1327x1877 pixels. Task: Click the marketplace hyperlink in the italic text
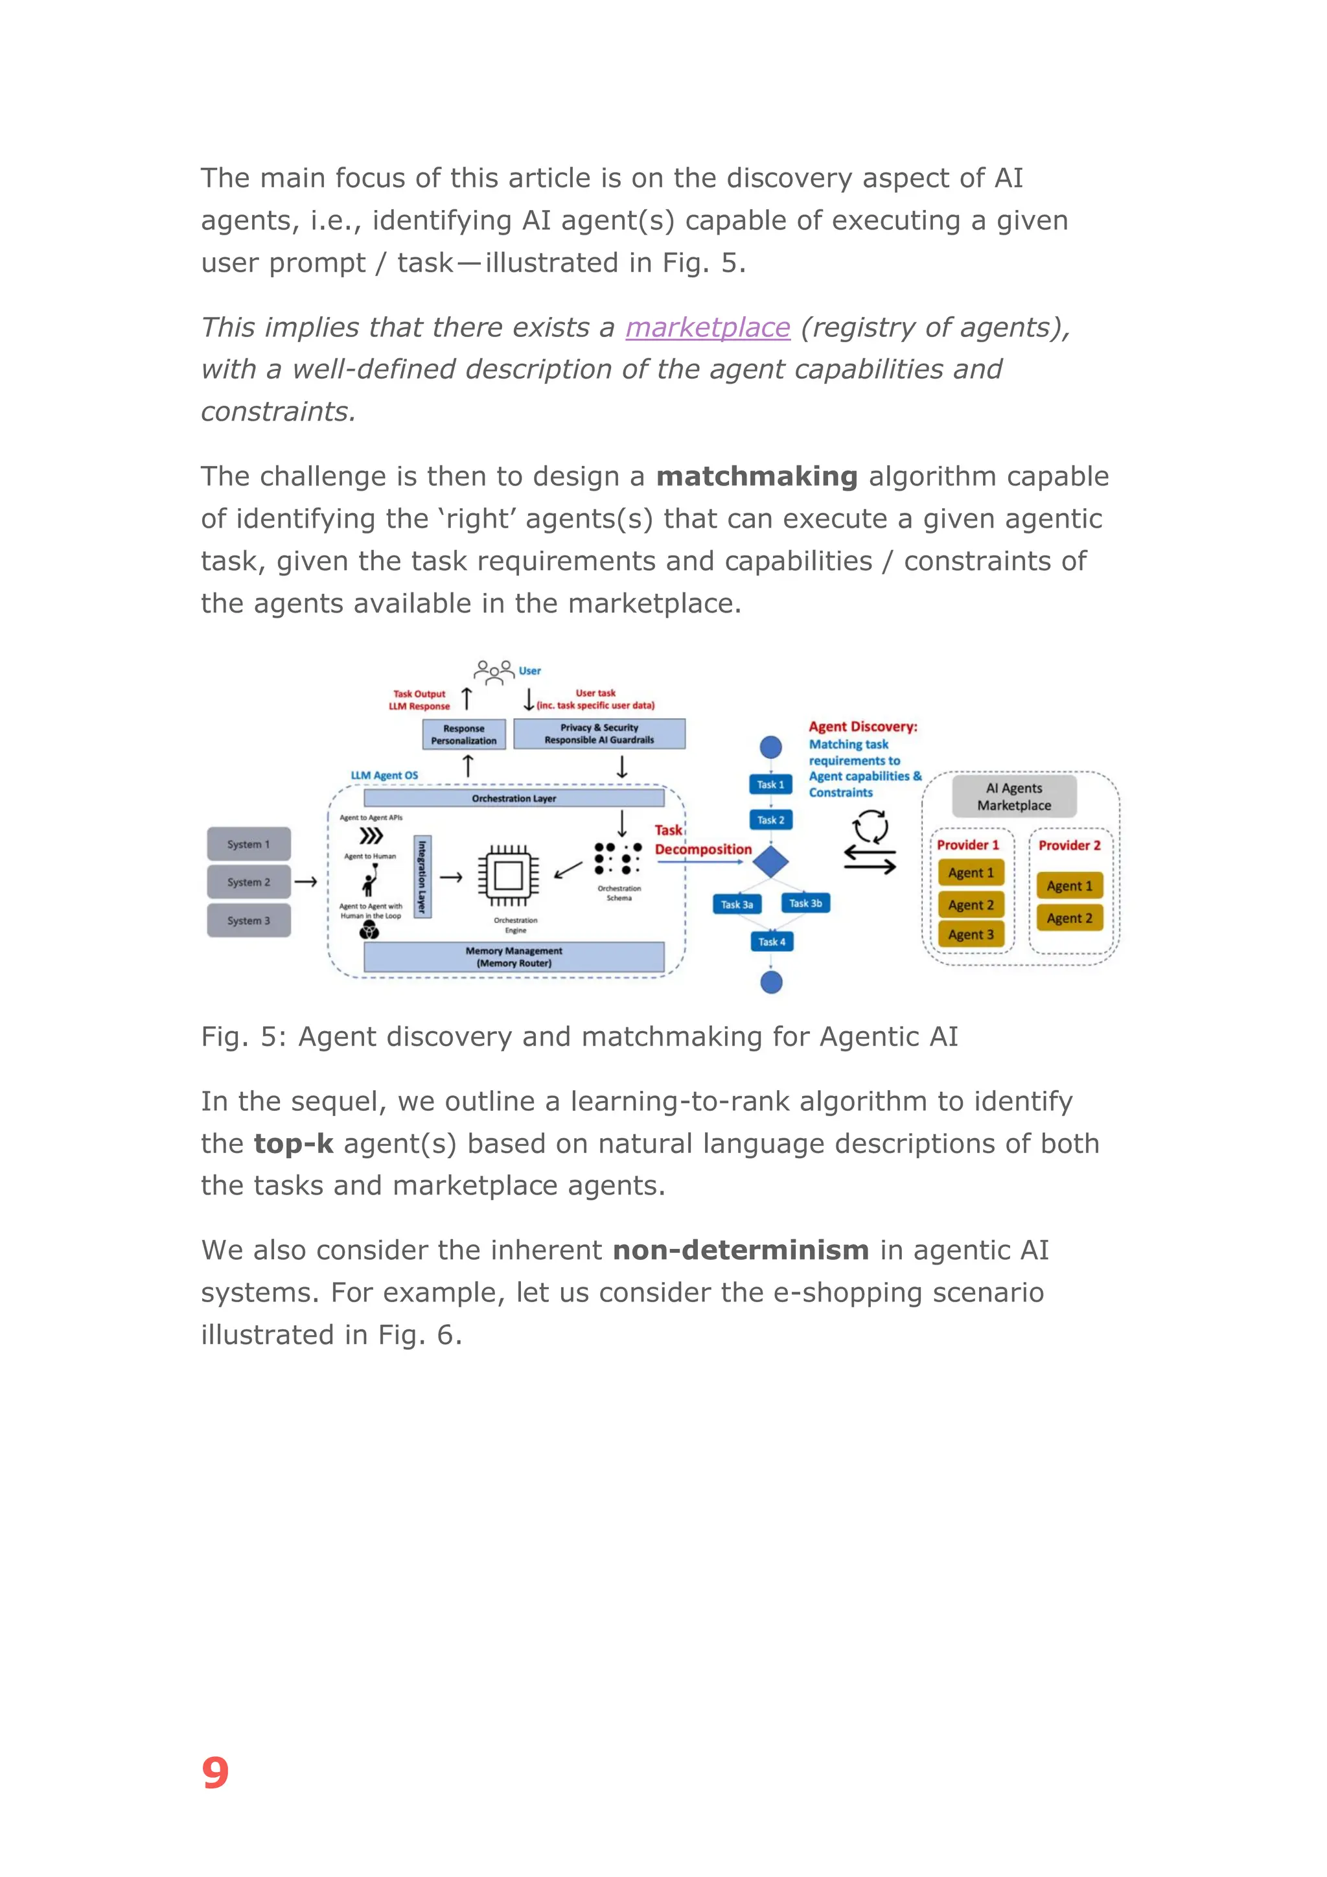pos(708,328)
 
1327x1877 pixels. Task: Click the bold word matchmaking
pos(757,476)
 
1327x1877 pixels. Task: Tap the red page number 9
pos(215,1773)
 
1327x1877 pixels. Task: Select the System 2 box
pos(248,882)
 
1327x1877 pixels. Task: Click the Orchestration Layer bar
pos(513,798)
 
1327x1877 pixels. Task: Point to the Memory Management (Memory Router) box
pos(513,957)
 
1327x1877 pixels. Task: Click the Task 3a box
pos(736,904)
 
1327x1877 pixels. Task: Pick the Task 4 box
pos(771,942)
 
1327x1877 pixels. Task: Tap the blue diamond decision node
pos(770,861)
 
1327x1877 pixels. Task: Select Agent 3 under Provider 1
pos(971,935)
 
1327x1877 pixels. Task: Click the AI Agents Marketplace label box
pos(1014,797)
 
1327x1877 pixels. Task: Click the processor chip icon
pos(508,876)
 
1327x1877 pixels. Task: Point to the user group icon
pos(494,671)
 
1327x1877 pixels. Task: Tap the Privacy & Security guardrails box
pos(599,733)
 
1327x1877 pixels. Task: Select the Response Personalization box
pos(463,734)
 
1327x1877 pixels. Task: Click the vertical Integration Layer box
pos(422,876)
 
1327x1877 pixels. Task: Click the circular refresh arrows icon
pos(870,826)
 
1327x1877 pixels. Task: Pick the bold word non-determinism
pos(741,1250)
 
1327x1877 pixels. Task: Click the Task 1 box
pos(770,784)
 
